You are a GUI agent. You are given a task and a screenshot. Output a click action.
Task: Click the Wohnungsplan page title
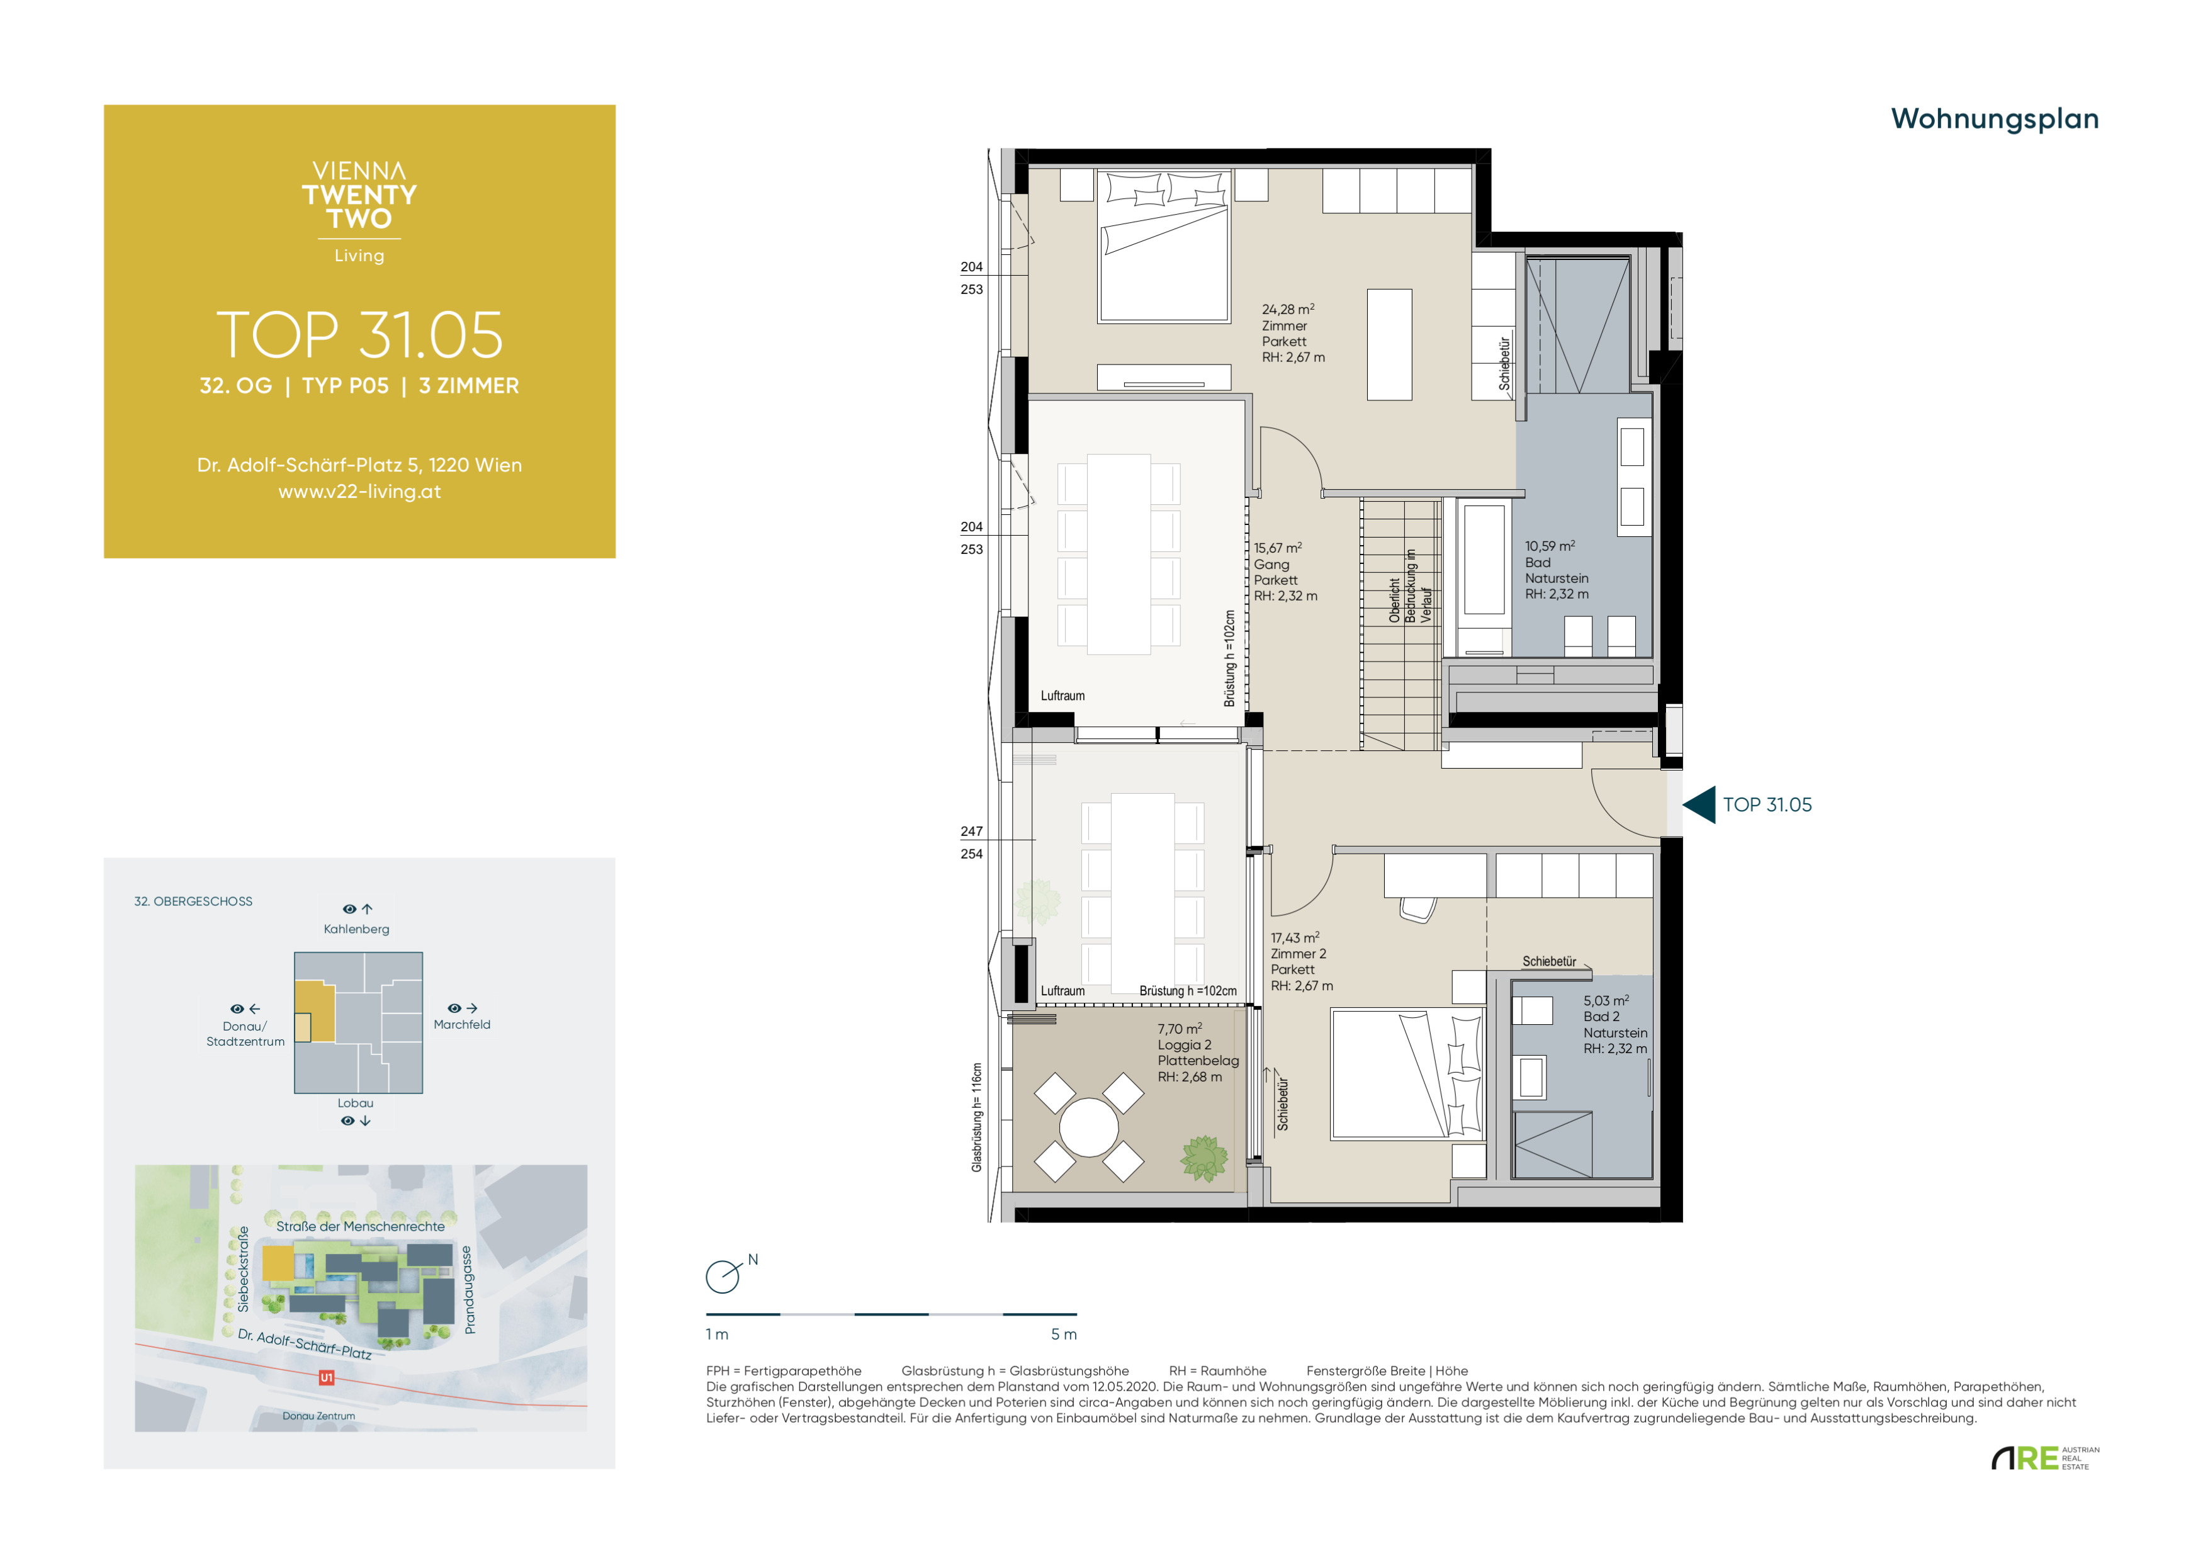tap(1994, 119)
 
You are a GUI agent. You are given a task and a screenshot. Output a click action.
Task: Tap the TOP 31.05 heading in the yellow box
tap(360, 335)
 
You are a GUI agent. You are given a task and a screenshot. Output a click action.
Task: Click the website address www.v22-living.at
tap(360, 491)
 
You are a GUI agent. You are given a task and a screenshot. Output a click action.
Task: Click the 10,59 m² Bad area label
tap(1557, 570)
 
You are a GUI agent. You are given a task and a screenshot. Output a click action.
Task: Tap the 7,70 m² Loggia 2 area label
tap(1197, 1053)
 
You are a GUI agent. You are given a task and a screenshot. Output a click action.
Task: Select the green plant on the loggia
tap(1204, 1158)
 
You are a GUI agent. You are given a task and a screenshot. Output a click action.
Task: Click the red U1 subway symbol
tap(326, 1377)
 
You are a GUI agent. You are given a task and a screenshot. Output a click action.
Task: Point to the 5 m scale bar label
tap(1063, 1335)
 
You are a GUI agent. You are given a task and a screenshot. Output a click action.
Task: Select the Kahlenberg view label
tap(356, 929)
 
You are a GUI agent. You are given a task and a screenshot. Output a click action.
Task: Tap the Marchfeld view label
tap(461, 1025)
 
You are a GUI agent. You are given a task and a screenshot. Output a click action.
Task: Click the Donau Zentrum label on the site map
tap(318, 1416)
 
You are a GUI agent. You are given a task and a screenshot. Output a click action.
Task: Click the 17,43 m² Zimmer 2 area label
tap(1301, 961)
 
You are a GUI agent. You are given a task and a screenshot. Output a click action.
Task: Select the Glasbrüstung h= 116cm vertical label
tap(977, 1117)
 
